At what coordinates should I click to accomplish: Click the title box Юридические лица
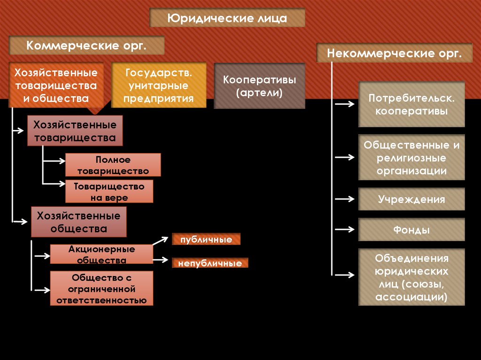(227, 18)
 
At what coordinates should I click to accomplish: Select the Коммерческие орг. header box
(87, 46)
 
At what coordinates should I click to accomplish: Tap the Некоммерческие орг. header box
(394, 53)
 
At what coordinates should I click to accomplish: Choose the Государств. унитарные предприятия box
(159, 85)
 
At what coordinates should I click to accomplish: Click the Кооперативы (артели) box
(259, 86)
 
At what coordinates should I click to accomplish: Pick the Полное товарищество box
(113, 165)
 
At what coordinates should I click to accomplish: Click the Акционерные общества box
(101, 254)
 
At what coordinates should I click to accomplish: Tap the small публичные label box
(206, 239)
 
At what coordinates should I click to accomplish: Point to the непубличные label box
(209, 263)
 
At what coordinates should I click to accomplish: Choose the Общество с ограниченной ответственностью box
(101, 289)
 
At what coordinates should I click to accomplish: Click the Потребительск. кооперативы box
(411, 105)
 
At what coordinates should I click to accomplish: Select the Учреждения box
(411, 199)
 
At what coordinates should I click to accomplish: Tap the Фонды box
(411, 230)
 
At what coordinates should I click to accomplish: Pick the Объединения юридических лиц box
(411, 277)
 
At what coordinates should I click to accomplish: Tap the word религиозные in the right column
(411, 158)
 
